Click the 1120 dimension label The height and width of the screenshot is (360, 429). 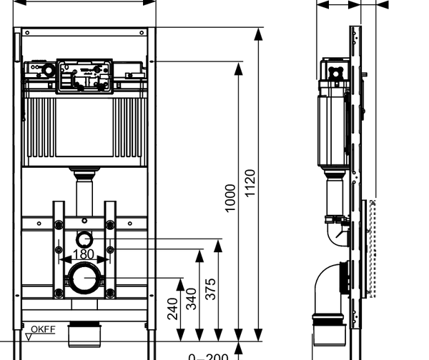coord(250,184)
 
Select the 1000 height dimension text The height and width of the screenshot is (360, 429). coord(230,198)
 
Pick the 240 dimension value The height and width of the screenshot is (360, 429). coord(172,308)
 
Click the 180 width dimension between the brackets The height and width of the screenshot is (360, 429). coord(84,254)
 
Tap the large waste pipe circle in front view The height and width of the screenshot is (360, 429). coord(84,276)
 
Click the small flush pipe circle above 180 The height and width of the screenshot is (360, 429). coord(84,239)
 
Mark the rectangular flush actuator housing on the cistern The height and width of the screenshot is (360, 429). coord(84,74)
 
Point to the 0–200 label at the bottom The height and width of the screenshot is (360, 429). coord(208,356)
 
